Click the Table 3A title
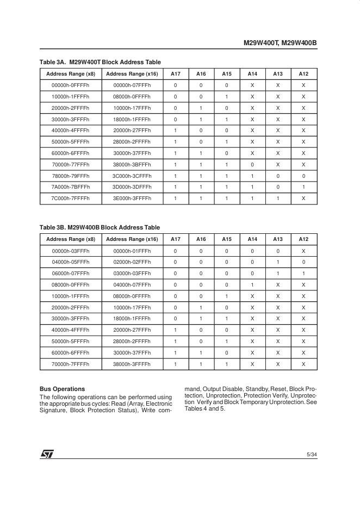[100, 62]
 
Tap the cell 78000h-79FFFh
[71, 176]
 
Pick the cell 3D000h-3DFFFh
[132, 187]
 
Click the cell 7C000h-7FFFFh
[71, 198]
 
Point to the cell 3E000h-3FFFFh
[132, 198]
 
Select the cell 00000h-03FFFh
[71, 251]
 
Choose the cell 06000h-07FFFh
[71, 274]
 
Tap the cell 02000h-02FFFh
[132, 262]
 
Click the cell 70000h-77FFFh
[71, 164]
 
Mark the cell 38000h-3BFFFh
[132, 164]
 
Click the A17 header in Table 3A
[175, 74]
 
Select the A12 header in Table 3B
[303, 239]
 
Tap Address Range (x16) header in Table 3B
[132, 239]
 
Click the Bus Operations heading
[62, 389]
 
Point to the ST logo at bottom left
[47, 454]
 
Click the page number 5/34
[312, 455]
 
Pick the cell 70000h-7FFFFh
[71, 364]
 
